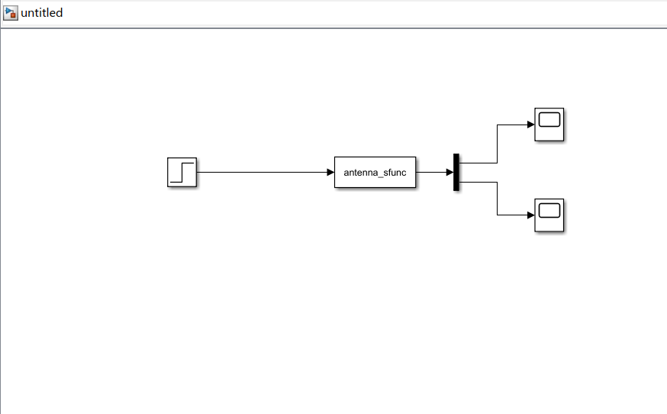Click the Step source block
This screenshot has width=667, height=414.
182,172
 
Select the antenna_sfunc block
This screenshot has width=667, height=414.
375,172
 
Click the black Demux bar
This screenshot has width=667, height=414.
456,172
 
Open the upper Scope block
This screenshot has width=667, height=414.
549,125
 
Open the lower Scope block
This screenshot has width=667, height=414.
549,215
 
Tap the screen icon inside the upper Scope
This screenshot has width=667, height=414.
549,119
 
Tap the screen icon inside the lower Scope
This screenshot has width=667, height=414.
549,210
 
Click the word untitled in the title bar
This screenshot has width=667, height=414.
42,12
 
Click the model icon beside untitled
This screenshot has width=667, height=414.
11,12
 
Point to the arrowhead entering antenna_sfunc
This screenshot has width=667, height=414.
330,172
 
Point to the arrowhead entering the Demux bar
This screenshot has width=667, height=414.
449,172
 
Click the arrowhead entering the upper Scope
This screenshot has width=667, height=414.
530,125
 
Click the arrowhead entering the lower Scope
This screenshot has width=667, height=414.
530,215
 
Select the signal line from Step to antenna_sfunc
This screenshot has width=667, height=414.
259,172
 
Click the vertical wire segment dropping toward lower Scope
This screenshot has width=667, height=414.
498,199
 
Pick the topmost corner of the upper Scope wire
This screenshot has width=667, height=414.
498,125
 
